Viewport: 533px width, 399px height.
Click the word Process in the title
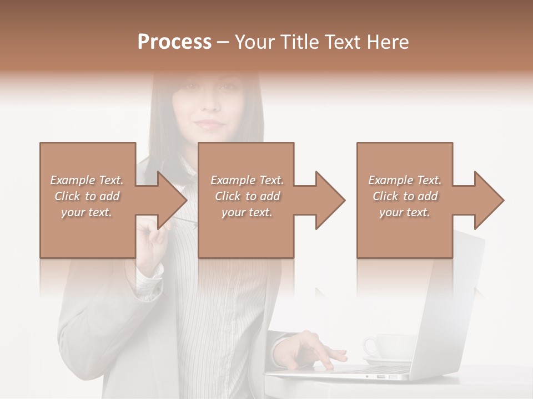[x=174, y=42]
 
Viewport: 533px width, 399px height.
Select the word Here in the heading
[x=388, y=42]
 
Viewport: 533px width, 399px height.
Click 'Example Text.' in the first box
[x=87, y=180]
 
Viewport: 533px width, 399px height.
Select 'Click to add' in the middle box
[x=247, y=196]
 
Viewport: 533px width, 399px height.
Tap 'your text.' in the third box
[x=405, y=212]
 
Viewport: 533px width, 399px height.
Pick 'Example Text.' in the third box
[x=405, y=180]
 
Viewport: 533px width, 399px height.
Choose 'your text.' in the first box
[x=87, y=212]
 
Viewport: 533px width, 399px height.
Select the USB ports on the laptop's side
[x=385, y=377]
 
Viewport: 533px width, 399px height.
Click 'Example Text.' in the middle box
[x=247, y=180]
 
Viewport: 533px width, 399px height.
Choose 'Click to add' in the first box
[x=87, y=196]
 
